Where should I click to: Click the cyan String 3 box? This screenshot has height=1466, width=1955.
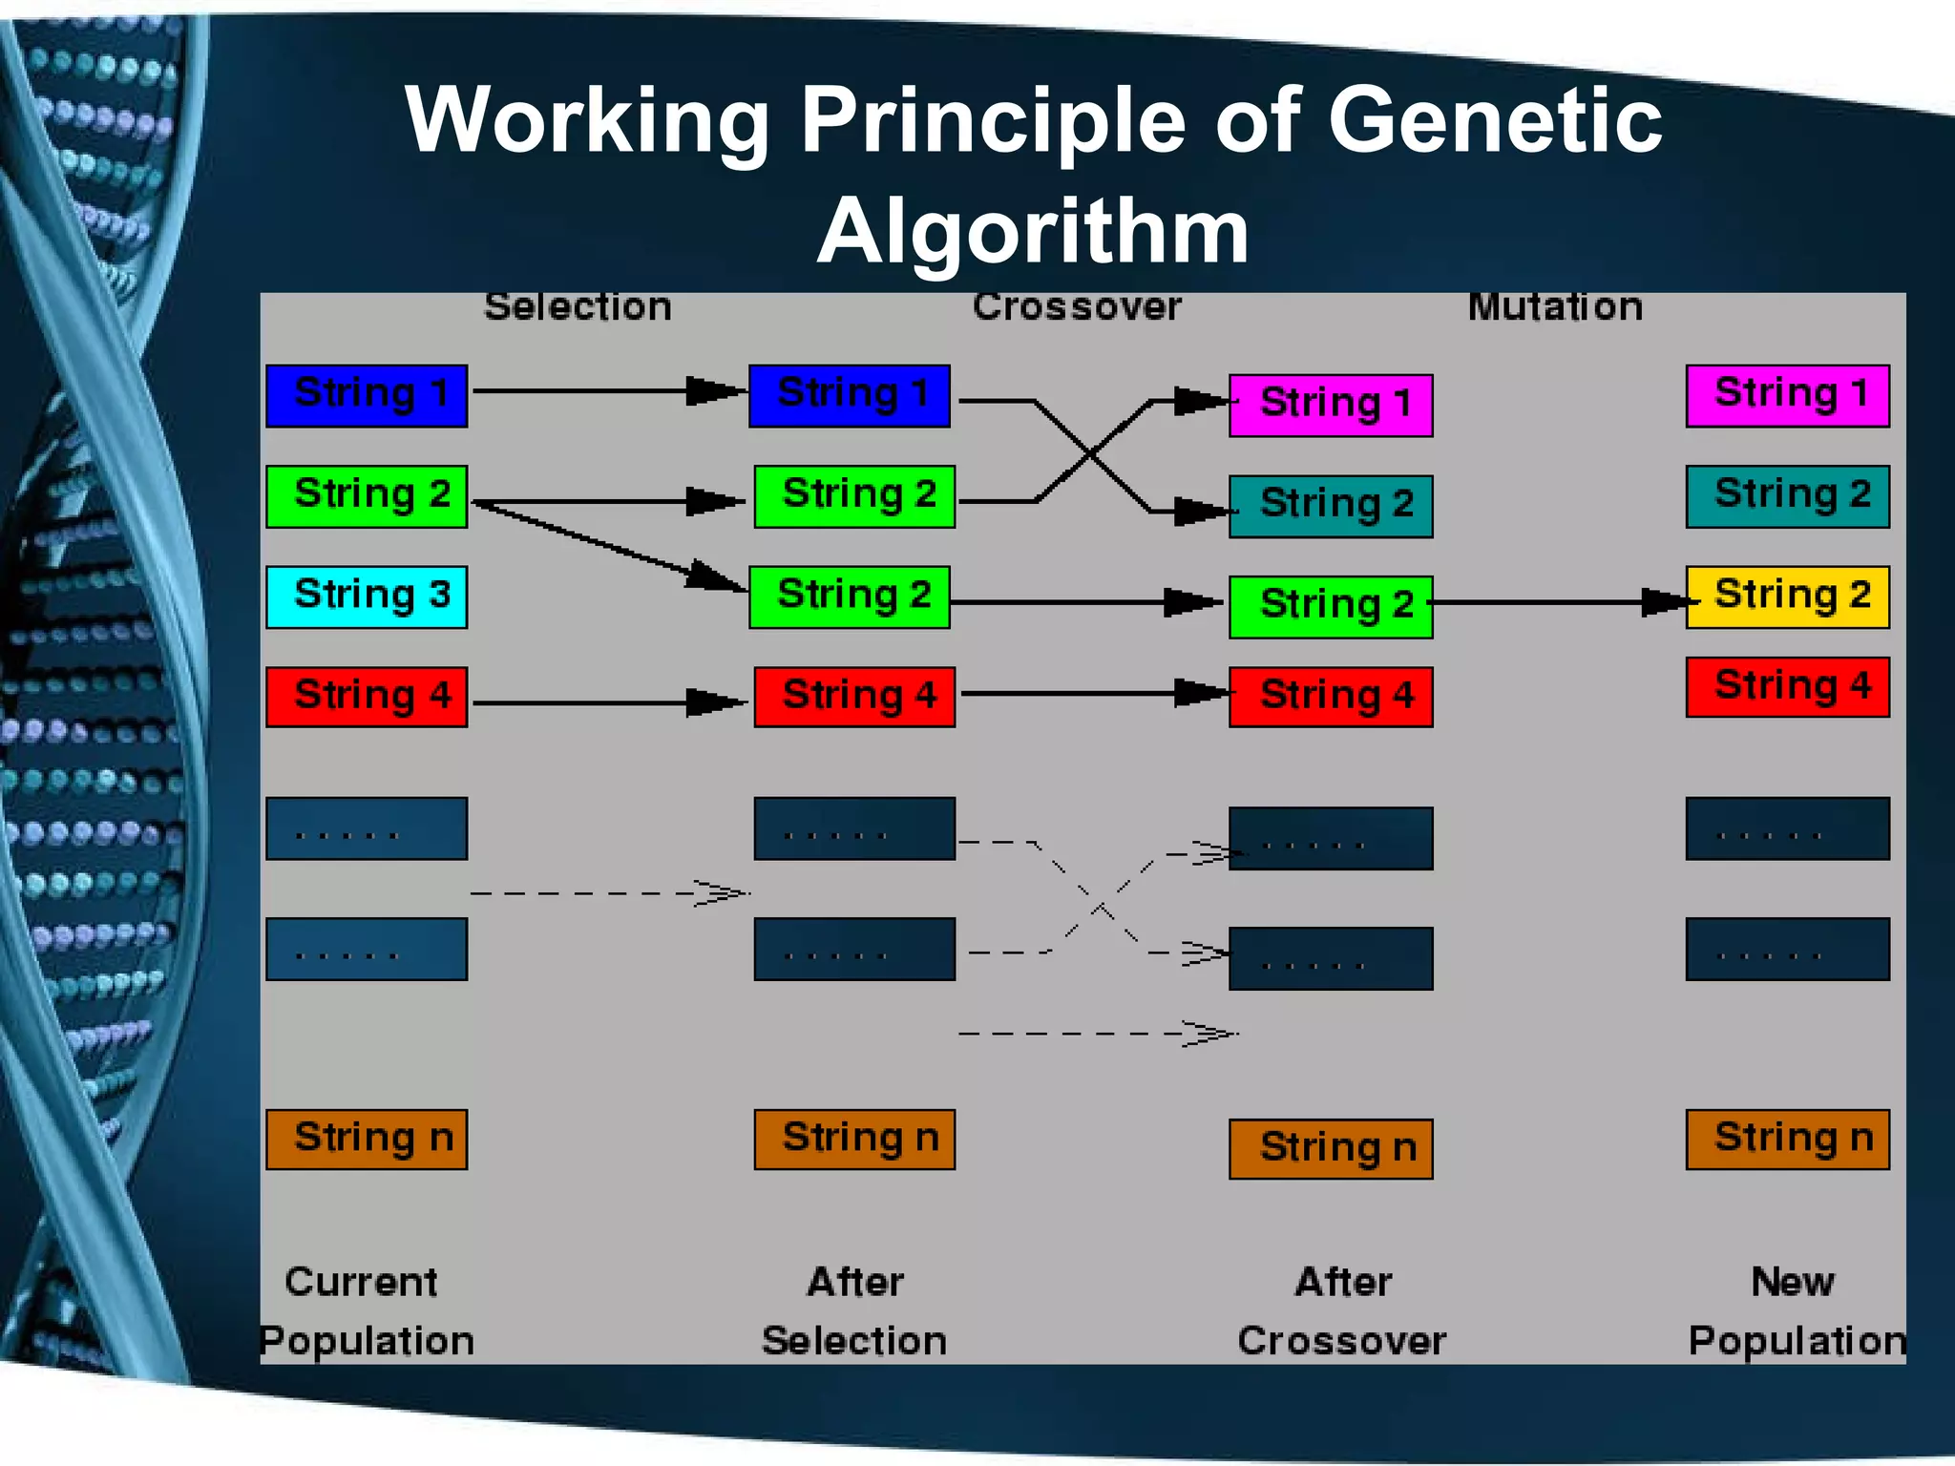[367, 597]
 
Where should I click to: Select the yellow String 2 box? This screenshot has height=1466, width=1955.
[1787, 597]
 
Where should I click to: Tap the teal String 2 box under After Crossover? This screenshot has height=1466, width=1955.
[1331, 506]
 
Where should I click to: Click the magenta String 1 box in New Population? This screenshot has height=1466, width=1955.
[1787, 395]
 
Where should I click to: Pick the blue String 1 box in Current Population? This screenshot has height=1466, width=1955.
[367, 395]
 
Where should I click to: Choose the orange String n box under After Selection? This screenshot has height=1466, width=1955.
[854, 1139]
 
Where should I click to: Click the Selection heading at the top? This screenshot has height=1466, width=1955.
[578, 307]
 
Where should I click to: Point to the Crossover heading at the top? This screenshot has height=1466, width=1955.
[1077, 307]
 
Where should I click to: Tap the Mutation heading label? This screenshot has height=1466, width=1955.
[1555, 307]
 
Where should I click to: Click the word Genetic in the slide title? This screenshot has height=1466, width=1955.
[1495, 120]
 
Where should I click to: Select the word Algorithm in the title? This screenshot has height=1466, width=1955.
[1033, 231]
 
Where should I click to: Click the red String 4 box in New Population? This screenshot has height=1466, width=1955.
[1787, 686]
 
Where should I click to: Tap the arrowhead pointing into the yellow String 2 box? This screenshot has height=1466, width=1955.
[1666, 602]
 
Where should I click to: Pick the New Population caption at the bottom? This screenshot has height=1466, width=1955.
[1795, 1311]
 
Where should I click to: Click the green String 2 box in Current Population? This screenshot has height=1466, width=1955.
[367, 496]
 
